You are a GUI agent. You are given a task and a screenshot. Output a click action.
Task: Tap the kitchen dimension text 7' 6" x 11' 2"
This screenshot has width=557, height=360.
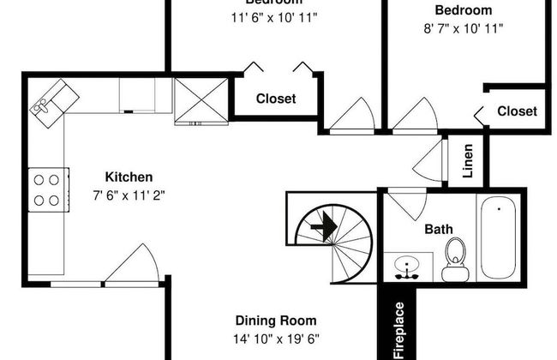(129, 195)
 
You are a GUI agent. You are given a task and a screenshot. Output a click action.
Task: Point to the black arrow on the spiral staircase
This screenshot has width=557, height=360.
(322, 228)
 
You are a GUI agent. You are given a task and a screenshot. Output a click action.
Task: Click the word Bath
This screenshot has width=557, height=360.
(438, 230)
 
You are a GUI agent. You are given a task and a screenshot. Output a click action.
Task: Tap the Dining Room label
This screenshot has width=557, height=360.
(277, 321)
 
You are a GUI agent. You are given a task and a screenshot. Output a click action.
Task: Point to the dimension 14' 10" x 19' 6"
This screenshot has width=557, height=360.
(277, 339)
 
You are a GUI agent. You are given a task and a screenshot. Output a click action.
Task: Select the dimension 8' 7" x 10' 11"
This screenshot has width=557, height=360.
(464, 28)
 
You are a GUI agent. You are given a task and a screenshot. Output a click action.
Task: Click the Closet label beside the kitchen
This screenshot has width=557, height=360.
(276, 99)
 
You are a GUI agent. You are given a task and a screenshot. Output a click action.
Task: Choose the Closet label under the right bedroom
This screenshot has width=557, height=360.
(517, 111)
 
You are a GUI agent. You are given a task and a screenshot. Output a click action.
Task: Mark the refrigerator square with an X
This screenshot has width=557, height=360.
(201, 100)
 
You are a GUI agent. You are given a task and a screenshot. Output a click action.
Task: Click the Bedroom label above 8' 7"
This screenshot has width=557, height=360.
(464, 10)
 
